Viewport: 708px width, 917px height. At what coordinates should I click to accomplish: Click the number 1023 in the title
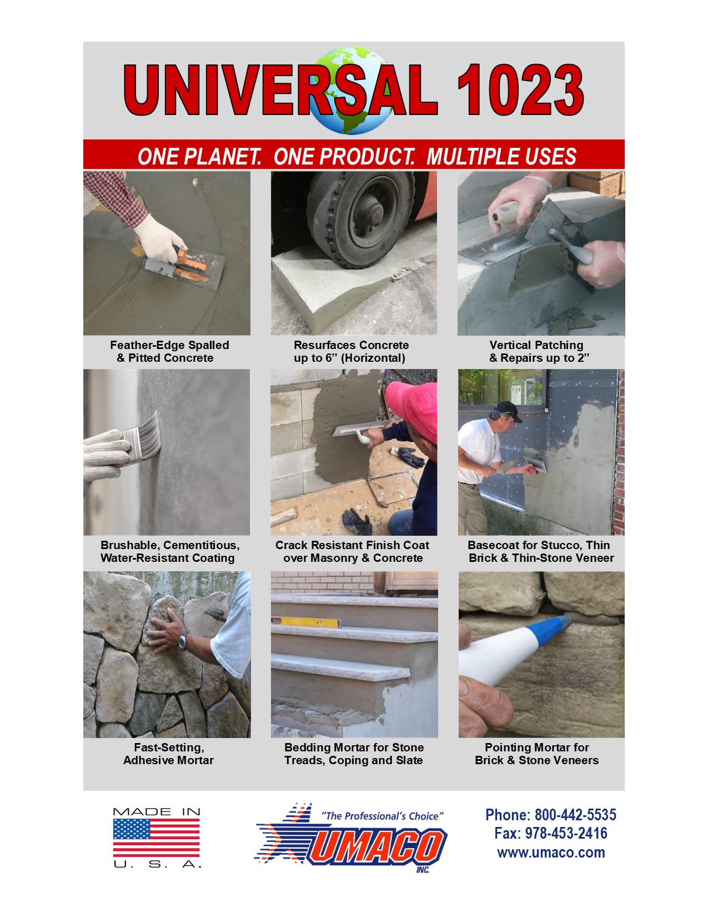(x=520, y=90)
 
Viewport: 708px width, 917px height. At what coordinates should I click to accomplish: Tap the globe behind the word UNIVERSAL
(x=352, y=91)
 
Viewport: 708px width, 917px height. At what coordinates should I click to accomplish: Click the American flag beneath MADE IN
(x=156, y=838)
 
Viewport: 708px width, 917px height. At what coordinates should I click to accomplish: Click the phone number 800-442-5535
(x=575, y=814)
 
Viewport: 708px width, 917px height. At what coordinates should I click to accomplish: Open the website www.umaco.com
(x=551, y=853)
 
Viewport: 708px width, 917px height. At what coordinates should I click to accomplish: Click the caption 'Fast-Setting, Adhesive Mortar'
(x=169, y=754)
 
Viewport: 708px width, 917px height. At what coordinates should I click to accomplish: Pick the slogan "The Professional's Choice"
(x=383, y=816)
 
